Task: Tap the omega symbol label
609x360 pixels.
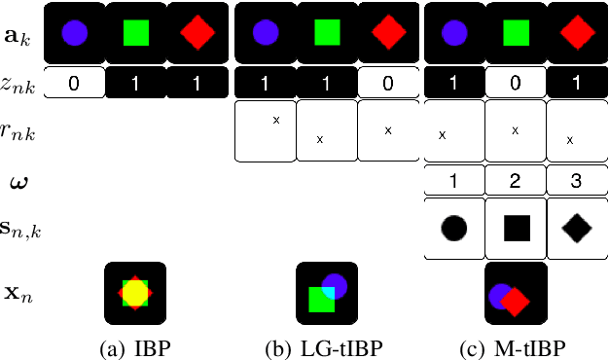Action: pos(18,181)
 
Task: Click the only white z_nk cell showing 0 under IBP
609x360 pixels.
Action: pos(74,85)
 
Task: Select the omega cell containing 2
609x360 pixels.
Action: pos(516,181)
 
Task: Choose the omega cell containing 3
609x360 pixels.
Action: pos(576,181)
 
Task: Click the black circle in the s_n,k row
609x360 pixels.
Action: pos(454,229)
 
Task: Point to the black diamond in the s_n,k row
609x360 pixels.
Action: pos(576,229)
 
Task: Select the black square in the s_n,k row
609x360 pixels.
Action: pos(516,229)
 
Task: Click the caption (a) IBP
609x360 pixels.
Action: pos(135,345)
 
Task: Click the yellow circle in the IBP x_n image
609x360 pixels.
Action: pos(134,292)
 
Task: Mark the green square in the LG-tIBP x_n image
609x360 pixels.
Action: pos(320,300)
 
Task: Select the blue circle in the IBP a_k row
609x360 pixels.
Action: pos(74,33)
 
